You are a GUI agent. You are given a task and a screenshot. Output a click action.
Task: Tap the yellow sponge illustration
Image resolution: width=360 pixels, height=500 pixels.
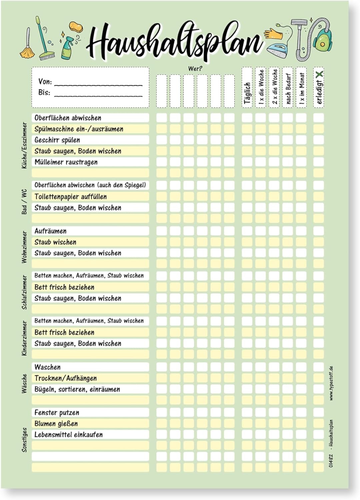[76, 27]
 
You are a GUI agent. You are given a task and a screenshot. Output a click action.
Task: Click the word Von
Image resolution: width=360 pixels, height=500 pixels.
[45, 82]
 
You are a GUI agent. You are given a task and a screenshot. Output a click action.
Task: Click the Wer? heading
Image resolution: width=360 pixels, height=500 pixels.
[195, 69]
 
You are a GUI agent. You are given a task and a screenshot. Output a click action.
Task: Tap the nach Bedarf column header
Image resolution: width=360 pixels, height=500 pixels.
[288, 89]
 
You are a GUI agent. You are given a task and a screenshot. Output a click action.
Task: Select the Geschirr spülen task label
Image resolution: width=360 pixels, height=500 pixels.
[57, 140]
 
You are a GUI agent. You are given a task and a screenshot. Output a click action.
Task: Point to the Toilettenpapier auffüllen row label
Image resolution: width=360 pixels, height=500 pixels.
[70, 197]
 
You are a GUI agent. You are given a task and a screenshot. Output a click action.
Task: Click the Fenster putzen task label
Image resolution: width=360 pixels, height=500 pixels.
[57, 413]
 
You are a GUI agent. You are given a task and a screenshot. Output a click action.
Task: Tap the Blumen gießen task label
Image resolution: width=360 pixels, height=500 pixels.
[56, 424]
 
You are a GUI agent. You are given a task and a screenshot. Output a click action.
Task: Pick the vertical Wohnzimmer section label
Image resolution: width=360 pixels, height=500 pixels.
[24, 247]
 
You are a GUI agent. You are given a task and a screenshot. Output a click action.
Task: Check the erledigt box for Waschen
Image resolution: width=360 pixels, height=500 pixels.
[318, 367]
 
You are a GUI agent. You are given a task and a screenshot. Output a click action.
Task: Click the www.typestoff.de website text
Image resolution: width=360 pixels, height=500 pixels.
[331, 383]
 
